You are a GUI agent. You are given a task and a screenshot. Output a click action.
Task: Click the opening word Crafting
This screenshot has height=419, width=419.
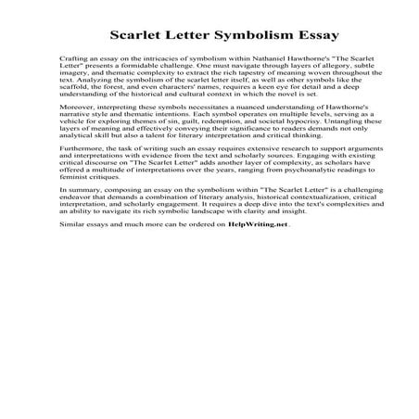(73, 71)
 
